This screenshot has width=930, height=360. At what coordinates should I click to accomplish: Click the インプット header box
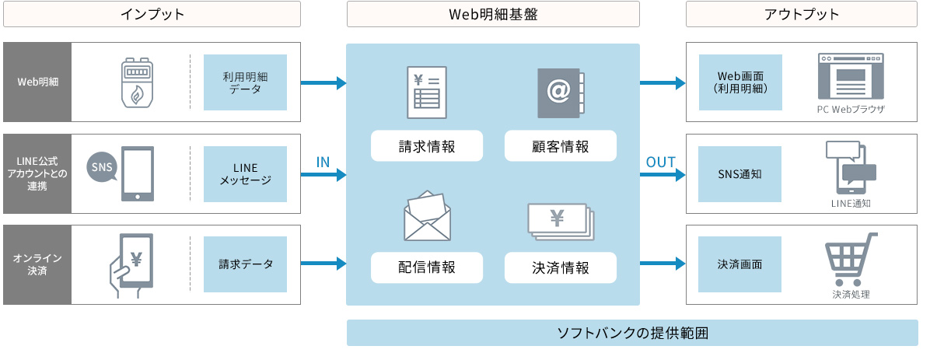(x=152, y=14)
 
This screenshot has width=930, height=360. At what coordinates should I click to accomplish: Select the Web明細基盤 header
(x=493, y=14)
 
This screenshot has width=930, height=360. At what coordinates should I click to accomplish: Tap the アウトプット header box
(x=802, y=14)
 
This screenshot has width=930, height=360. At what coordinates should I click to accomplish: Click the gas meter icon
(x=136, y=82)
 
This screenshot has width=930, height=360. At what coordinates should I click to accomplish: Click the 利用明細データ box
(x=245, y=82)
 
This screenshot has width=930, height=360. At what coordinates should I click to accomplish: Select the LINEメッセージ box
(x=245, y=174)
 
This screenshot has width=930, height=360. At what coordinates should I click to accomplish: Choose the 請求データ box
(x=245, y=264)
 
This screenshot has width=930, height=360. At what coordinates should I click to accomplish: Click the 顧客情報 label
(x=561, y=146)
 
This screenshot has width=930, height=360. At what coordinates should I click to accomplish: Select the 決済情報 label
(x=561, y=267)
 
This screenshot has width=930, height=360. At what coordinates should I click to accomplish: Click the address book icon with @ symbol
(x=561, y=93)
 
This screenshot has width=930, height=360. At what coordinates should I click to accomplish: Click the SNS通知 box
(x=740, y=174)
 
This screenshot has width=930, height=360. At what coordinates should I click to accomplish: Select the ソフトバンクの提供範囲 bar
(x=631, y=333)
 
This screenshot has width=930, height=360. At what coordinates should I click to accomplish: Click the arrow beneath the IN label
(x=323, y=176)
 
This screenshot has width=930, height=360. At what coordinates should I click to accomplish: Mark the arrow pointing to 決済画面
(x=663, y=264)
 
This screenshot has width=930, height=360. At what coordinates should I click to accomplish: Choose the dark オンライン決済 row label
(x=37, y=264)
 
